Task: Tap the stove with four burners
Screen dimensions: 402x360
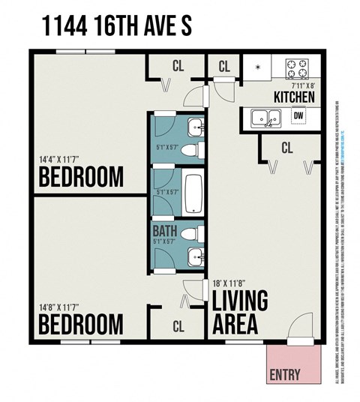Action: pyautogui.click(x=297, y=69)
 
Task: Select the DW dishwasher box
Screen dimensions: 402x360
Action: pyautogui.click(x=298, y=116)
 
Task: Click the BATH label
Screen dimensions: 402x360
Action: pyautogui.click(x=165, y=231)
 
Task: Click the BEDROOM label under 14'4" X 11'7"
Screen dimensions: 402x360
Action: pyautogui.click(x=81, y=178)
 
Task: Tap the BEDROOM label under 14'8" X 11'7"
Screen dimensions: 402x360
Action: pyautogui.click(x=81, y=325)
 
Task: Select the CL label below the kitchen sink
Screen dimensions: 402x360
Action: pyautogui.click(x=286, y=148)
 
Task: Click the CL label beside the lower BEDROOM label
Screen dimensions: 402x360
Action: pyautogui.click(x=178, y=326)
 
